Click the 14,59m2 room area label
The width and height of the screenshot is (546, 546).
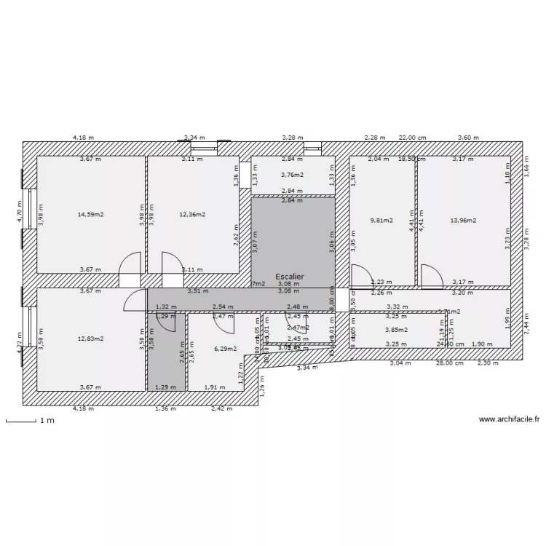91,215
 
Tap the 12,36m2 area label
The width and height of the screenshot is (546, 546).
193,215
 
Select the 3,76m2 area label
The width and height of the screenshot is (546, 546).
293,175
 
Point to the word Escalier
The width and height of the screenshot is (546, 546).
290,277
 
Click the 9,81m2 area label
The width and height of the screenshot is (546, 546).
381,220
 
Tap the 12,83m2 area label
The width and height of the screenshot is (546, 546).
91,339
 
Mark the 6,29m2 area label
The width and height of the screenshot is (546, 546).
226,349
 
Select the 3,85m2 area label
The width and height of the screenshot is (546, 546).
395,329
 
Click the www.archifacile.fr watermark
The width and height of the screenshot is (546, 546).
509,419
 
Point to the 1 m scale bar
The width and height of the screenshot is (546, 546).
22,421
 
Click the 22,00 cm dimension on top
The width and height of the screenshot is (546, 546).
412,138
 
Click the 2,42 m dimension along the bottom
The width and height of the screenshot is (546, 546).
222,409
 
